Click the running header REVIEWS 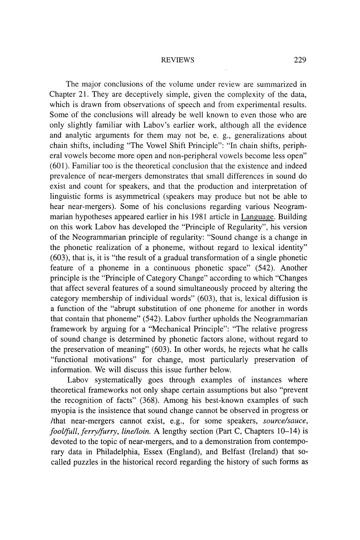coord(178,60)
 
